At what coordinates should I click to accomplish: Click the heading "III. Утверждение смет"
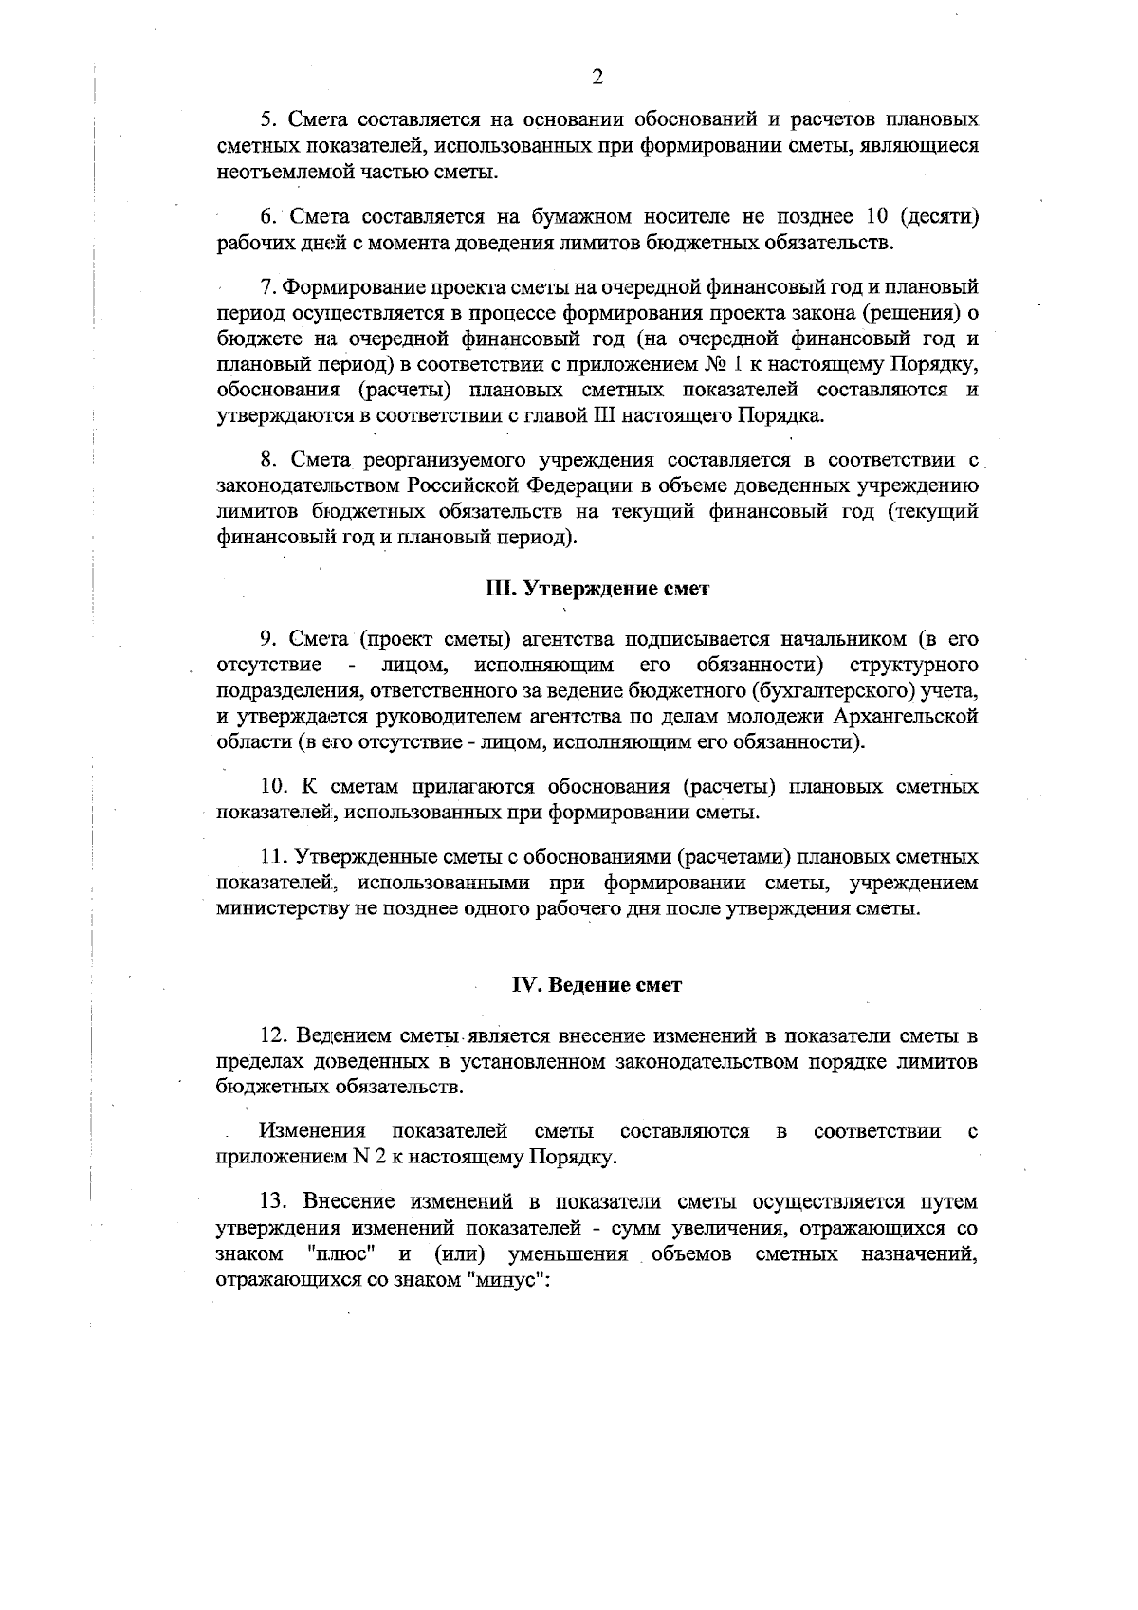pyautogui.click(x=597, y=589)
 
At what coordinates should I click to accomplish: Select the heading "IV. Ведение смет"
pyautogui.click(x=597, y=985)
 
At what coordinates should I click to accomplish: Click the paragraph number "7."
pyautogui.click(x=267, y=286)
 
